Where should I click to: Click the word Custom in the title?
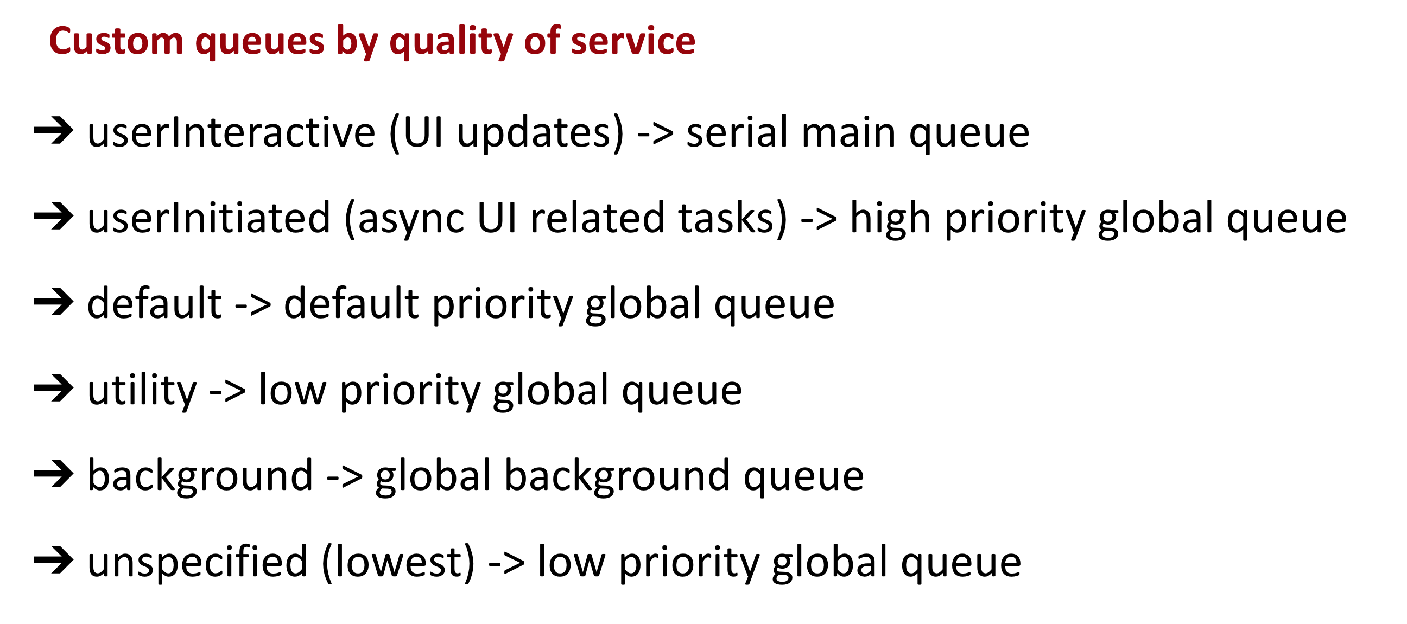pos(116,41)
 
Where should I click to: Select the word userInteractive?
pos(231,132)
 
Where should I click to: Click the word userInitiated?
pos(208,218)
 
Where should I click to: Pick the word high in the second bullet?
pos(890,218)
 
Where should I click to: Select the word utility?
pos(142,390)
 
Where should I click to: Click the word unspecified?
pos(197,562)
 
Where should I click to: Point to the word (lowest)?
pos(398,562)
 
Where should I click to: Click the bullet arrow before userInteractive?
pos(54,131)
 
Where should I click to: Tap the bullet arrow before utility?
pos(54,389)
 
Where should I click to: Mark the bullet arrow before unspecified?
pos(54,561)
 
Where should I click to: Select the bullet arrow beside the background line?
pos(54,474)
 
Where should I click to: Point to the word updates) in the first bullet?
pos(540,133)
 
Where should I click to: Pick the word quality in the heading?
pos(451,42)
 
